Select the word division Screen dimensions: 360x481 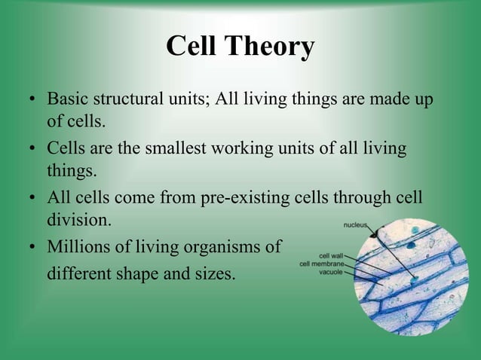79,221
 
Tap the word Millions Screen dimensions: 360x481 77,247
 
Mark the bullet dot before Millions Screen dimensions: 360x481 32,248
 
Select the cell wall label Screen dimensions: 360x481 332,255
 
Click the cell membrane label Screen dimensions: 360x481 323,264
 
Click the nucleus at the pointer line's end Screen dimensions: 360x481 415,277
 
